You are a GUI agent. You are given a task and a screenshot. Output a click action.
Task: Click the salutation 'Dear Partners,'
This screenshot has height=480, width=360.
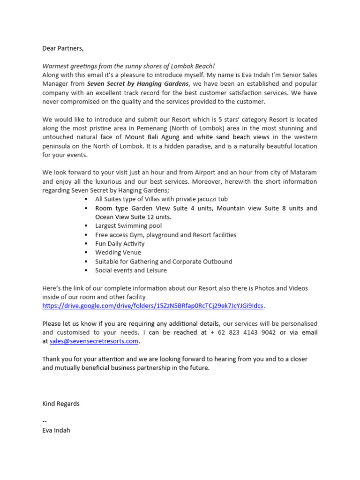click(x=63, y=48)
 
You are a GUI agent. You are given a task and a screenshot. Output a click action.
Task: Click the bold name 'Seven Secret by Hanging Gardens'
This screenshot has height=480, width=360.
click(x=138, y=84)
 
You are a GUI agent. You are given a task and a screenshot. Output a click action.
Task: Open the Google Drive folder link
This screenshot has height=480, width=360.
click(x=153, y=306)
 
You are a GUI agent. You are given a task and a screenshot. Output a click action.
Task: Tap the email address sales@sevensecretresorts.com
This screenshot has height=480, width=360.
click(x=94, y=341)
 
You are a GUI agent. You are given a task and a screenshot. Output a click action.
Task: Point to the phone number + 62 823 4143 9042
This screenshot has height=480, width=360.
click(x=243, y=332)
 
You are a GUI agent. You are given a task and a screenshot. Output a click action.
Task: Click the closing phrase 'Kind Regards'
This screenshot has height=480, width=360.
click(x=61, y=404)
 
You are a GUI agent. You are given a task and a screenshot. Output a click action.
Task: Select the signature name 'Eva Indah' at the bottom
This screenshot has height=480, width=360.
click(x=56, y=430)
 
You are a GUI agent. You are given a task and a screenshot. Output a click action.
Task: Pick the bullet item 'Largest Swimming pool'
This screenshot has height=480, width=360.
click(x=128, y=226)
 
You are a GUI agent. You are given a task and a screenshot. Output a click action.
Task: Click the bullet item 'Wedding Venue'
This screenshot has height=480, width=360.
click(x=118, y=253)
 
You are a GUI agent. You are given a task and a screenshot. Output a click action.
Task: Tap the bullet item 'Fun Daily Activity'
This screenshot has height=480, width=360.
click(x=120, y=244)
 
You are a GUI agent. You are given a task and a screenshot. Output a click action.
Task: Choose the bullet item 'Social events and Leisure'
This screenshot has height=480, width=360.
click(x=131, y=270)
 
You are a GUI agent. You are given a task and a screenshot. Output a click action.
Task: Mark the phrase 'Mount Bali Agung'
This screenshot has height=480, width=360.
click(x=153, y=137)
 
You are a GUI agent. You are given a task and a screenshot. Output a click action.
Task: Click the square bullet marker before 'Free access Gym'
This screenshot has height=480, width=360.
click(x=86, y=235)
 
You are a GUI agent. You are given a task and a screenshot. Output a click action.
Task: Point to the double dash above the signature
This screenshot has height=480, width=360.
click(x=45, y=421)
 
